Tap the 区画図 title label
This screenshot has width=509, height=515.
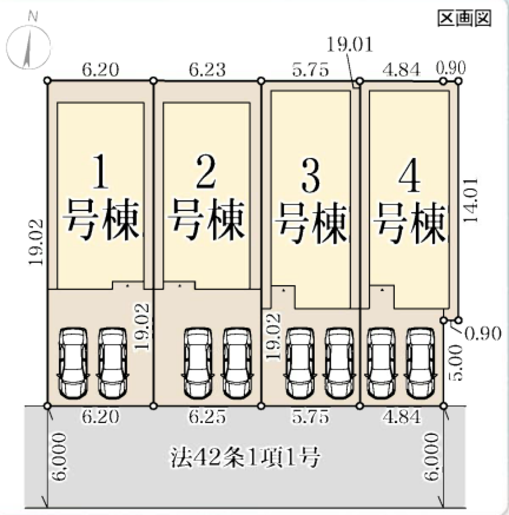click(x=464, y=18)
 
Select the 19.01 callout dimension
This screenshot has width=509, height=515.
click(x=349, y=44)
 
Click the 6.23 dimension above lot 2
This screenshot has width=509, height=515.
click(x=207, y=70)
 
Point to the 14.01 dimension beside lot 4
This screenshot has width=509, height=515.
click(x=471, y=200)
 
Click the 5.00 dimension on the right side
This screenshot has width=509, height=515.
click(x=457, y=363)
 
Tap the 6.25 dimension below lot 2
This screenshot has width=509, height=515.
click(x=207, y=417)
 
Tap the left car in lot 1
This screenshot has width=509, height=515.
click(x=73, y=363)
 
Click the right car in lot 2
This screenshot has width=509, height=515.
click(x=237, y=363)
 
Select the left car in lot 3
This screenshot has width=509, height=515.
click(x=300, y=363)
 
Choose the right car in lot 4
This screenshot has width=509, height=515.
click(x=420, y=363)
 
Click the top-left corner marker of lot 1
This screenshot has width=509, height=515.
click(x=47, y=80)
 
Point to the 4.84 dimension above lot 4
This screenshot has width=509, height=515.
click(x=402, y=70)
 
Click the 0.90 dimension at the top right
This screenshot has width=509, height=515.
click(x=451, y=67)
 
